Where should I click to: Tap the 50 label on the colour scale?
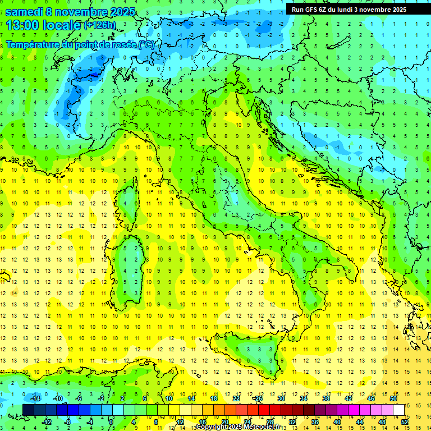click(393, 398)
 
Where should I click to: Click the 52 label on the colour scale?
click(404, 421)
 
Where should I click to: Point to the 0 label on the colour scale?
click(112, 421)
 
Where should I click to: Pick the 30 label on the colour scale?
click(281, 398)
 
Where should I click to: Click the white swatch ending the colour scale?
click(398, 410)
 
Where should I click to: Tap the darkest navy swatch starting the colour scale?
click(28, 410)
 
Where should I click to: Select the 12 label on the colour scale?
click(180, 421)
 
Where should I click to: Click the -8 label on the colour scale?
click(67, 421)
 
